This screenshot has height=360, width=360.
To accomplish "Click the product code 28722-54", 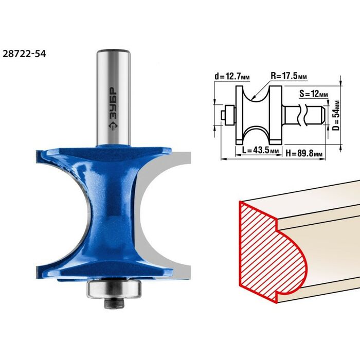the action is point(24,53).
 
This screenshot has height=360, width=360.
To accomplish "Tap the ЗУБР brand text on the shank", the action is point(113,103).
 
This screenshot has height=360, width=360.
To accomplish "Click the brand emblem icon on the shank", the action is point(113,127).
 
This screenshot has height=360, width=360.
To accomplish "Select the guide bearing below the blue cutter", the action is point(114,289).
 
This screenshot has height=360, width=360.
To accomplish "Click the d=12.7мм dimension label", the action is point(232,76).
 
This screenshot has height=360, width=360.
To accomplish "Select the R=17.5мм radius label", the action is point(289,76).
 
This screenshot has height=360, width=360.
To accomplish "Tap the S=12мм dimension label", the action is point(314,94).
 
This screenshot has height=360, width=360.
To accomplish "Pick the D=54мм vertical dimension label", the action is point(336,115).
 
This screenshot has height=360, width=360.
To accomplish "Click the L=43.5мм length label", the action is point(260,150).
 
